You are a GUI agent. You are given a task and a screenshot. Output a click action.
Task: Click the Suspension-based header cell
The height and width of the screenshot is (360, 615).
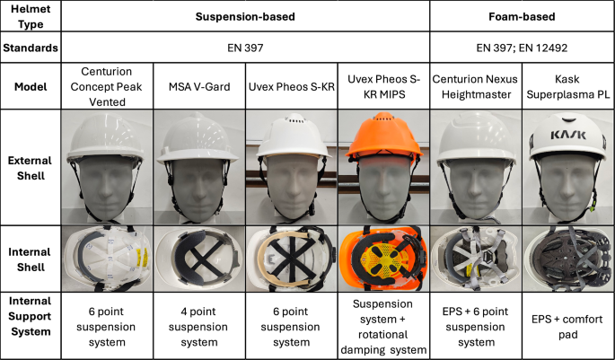(245, 16)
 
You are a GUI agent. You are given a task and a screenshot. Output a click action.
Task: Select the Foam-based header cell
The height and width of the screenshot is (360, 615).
(522, 16)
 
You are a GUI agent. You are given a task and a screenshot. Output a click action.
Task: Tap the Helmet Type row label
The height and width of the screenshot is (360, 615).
(31, 16)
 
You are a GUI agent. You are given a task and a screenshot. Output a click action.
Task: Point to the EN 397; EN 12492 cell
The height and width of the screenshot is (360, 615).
(522, 48)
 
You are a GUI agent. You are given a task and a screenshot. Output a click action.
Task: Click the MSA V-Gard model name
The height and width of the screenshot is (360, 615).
(199, 86)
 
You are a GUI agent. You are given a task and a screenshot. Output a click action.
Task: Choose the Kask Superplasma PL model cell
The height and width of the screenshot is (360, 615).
(568, 87)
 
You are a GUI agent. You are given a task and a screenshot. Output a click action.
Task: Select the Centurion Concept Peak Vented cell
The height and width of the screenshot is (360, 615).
(107, 87)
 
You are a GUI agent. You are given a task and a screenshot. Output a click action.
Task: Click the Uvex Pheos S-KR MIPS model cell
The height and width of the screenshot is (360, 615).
(383, 86)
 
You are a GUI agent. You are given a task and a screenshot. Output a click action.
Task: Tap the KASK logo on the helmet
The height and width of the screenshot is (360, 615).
(568, 136)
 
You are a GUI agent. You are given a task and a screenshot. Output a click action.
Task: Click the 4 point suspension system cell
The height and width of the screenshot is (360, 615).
(198, 327)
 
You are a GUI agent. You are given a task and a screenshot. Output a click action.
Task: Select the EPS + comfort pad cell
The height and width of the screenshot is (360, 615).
(567, 327)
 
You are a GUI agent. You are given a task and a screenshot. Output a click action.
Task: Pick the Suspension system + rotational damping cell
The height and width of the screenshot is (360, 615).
(383, 327)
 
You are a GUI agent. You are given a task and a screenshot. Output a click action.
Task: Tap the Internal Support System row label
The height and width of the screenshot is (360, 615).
(31, 316)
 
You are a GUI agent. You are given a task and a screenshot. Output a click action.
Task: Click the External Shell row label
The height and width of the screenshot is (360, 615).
(31, 168)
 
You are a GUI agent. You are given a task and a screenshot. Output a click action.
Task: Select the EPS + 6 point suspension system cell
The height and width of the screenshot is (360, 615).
(475, 327)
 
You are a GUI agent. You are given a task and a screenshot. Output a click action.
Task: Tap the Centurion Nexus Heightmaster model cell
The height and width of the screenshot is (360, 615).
(475, 87)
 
